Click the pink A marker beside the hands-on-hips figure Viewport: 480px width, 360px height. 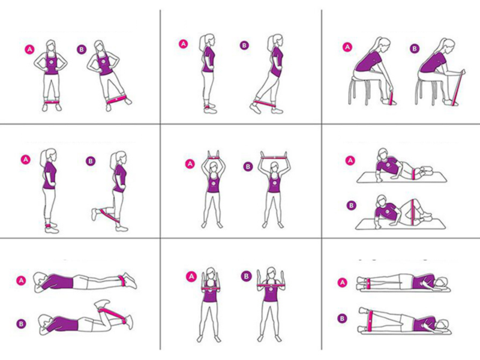29,50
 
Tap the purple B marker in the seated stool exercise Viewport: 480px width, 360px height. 415,49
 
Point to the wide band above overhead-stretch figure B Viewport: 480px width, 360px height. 274,158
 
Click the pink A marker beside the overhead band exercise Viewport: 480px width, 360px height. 190,164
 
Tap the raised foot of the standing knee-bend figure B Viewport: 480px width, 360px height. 95,215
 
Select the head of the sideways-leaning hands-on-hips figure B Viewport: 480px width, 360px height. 99,46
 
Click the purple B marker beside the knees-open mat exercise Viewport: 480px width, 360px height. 351,205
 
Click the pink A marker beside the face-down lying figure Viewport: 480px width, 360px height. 21,280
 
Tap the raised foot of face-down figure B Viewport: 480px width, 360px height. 103,305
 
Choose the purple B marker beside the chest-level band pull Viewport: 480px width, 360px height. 246,277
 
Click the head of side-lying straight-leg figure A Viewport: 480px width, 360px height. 441,283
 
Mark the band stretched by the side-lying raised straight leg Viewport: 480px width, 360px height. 371,320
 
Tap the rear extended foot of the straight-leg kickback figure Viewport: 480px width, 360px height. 256,108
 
